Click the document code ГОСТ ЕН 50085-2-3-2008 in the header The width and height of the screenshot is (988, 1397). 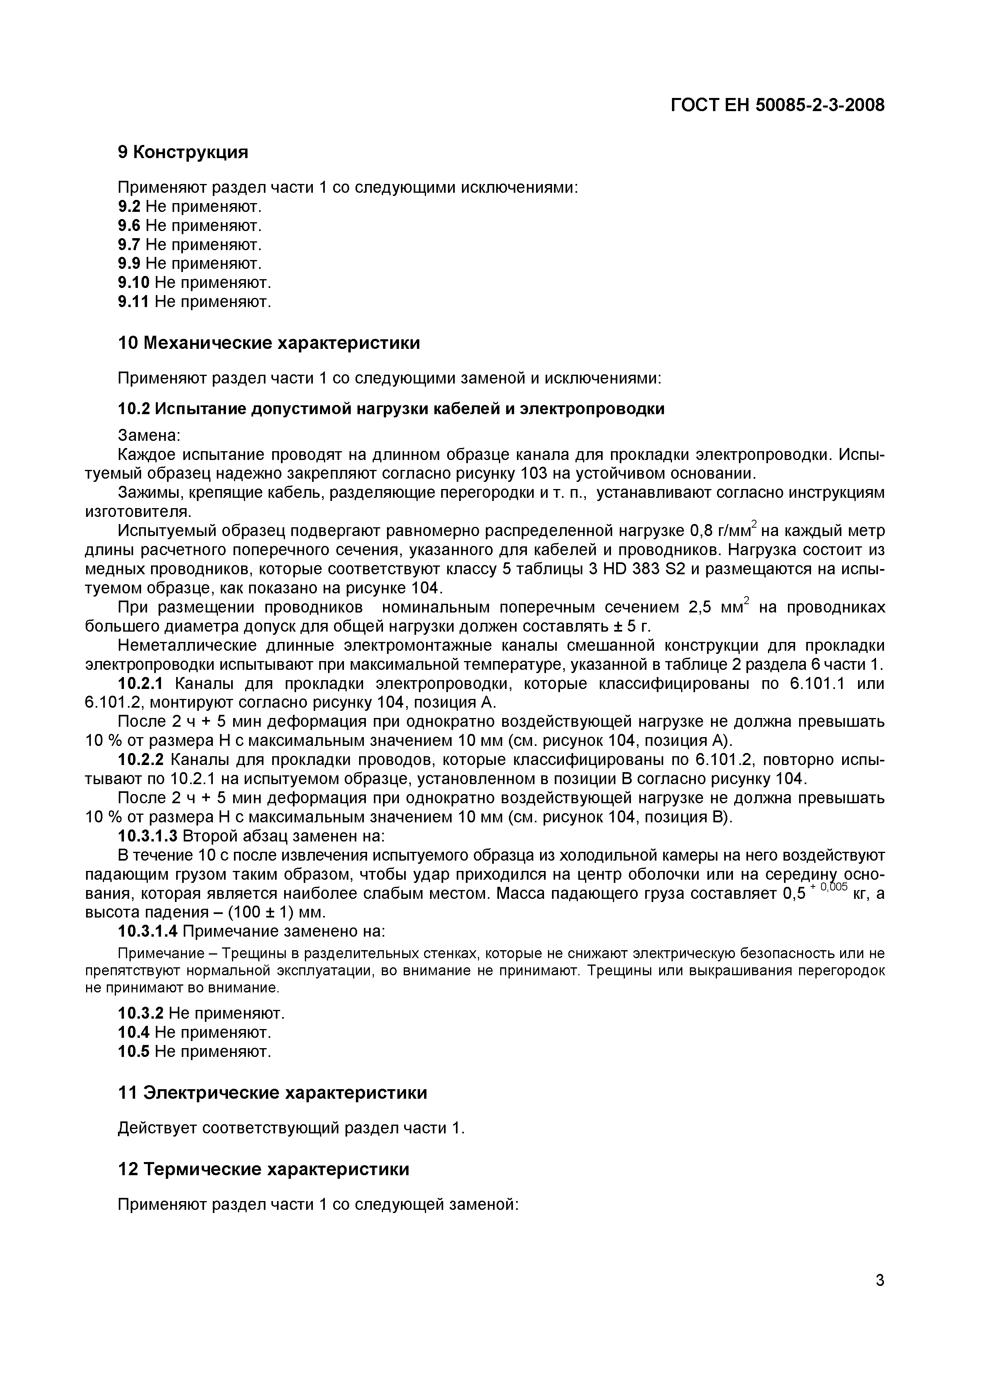click(x=778, y=106)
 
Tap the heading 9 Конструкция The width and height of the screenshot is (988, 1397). click(x=183, y=152)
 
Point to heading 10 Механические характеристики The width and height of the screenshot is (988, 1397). click(x=269, y=343)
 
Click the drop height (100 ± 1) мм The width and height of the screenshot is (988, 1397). click(x=268, y=913)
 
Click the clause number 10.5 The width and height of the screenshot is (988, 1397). click(x=134, y=1051)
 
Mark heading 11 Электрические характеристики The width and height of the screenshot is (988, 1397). click(x=272, y=1093)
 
